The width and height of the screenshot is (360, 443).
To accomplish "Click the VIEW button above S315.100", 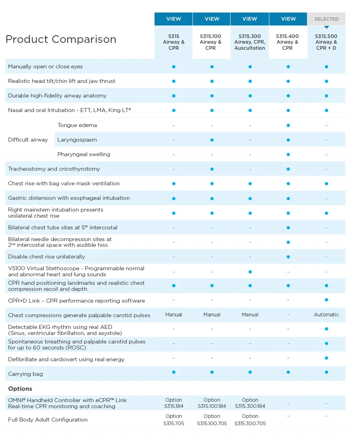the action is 212,19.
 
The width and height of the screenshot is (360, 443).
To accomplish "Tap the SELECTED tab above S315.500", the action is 326,19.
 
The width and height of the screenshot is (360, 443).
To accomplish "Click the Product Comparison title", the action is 61,39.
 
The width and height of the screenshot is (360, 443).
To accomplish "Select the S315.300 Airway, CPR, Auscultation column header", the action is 250,42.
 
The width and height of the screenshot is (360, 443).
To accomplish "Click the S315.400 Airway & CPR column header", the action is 287,42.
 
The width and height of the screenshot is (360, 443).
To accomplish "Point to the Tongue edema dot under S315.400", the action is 288,125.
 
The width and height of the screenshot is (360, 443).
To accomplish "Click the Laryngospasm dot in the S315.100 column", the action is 212,140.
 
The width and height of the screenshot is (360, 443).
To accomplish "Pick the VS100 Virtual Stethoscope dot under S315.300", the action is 250,272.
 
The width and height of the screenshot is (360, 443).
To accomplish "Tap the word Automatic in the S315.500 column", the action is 326,314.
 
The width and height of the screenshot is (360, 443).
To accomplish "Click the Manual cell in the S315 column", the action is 174,314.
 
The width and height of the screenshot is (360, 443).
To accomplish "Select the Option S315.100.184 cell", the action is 212,403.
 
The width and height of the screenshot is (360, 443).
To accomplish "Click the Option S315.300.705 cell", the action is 250,420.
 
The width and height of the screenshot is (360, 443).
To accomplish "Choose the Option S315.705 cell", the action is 174,420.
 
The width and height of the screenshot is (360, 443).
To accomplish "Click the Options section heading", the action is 20,388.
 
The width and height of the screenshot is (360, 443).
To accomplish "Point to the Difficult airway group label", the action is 28,140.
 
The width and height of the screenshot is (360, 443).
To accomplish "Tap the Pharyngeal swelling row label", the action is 84,154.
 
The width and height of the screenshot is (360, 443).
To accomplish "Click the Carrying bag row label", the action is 25,374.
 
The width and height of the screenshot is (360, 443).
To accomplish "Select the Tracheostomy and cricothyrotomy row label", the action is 54,169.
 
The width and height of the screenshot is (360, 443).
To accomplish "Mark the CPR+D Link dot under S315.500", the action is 326,300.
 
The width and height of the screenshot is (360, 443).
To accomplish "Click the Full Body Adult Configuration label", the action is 48,420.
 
